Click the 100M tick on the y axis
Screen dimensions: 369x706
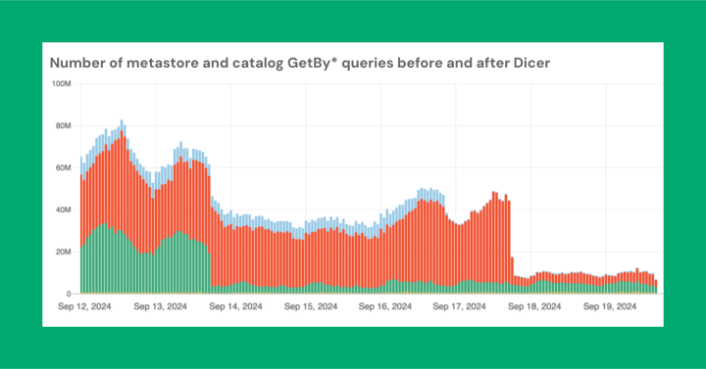coord(61,84)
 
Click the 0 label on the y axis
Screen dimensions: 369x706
coord(69,294)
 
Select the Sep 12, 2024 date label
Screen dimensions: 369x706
coord(83,307)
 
